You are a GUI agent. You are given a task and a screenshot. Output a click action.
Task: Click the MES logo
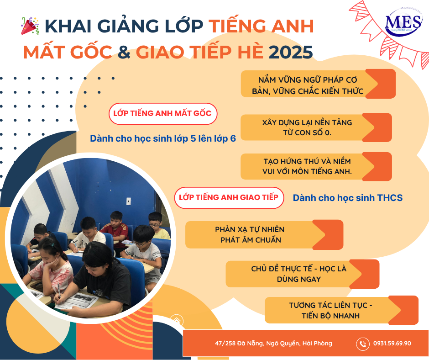pyautogui.click(x=403, y=22)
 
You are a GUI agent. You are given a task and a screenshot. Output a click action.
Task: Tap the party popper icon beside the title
pyautogui.click(x=30, y=26)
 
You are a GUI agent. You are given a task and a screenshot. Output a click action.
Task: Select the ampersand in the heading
pyautogui.click(x=124, y=52)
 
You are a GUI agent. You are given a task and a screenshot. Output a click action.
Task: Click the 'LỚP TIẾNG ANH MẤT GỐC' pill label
pyautogui.click(x=163, y=114)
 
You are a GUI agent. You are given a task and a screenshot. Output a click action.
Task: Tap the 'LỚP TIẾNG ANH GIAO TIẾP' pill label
pyautogui.click(x=229, y=197)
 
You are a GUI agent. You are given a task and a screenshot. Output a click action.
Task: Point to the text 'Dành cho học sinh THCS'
pyautogui.click(x=347, y=198)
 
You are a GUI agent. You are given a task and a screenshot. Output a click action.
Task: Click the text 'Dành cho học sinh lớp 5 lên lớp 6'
pyautogui.click(x=163, y=138)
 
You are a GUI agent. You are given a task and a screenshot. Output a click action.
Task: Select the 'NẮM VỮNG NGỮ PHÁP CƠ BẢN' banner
pyautogui.click(x=318, y=84)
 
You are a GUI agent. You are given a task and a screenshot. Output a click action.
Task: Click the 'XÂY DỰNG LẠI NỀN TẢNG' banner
pyautogui.click(x=316, y=127)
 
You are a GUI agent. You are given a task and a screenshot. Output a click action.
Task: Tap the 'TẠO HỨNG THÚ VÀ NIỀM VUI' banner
pyautogui.click(x=316, y=167)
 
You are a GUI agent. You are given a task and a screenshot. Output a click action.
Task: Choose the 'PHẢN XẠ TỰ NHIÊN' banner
pyautogui.click(x=264, y=234)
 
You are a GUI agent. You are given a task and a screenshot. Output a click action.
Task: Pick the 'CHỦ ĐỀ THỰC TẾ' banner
pyautogui.click(x=302, y=274)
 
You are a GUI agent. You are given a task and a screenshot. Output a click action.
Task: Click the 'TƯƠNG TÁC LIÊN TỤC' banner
pyautogui.click(x=341, y=310)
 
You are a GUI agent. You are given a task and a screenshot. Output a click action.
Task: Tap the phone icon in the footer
pyautogui.click(x=363, y=344)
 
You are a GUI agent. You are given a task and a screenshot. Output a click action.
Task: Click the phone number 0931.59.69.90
pyautogui.click(x=392, y=343)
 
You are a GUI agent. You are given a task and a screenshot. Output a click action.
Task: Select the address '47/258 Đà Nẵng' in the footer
pyautogui.click(x=273, y=343)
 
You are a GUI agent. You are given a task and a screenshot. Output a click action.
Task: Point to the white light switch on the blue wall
pyautogui.click(x=128, y=201)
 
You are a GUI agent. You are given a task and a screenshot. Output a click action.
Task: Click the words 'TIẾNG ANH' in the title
pyautogui.click(x=262, y=26)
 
